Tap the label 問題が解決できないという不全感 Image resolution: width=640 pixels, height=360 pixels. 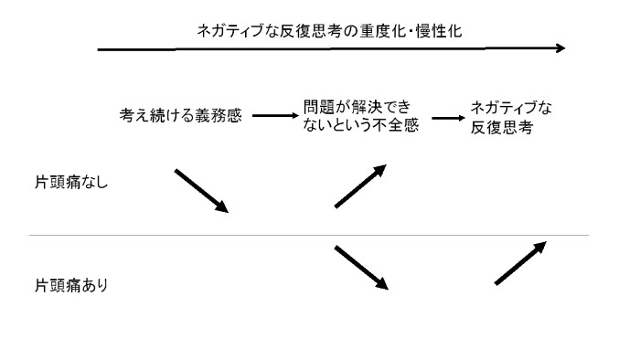pos(359,117)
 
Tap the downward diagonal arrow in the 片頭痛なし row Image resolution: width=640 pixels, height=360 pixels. pos(201,191)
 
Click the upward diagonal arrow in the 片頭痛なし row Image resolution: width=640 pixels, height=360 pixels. pos(360,186)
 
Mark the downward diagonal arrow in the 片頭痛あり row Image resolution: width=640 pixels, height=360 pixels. pos(362,268)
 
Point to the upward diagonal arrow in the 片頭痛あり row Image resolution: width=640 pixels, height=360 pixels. pos(520,264)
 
